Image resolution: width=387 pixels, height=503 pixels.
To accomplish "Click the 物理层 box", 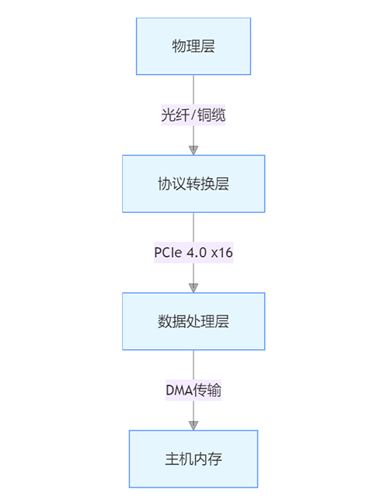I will click(193, 46).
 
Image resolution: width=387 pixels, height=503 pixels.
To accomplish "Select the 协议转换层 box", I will click(193, 183).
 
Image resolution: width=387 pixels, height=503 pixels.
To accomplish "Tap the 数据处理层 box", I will click(193, 321).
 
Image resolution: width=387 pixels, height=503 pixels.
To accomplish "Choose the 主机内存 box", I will click(193, 458).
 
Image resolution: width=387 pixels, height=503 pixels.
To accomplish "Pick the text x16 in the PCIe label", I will click(221, 252).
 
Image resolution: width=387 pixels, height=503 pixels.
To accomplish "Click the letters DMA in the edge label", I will click(177, 390).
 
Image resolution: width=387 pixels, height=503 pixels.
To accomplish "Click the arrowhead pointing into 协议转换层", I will click(193, 149).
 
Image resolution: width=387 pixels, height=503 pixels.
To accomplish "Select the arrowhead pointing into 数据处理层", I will click(193, 287).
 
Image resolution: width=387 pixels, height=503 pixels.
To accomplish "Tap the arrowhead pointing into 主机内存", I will click(193, 425).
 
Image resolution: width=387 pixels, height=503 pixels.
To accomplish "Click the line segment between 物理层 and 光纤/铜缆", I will click(193, 90).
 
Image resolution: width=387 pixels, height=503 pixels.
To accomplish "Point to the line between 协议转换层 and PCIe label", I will click(193, 227).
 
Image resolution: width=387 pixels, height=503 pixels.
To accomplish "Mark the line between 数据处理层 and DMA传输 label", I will click(193, 364).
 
